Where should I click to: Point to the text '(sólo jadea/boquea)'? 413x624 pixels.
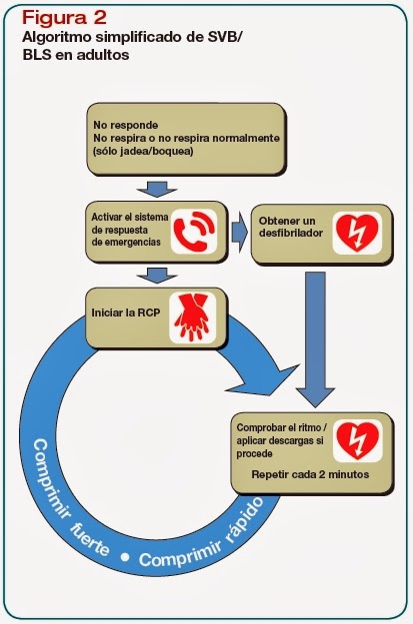144,152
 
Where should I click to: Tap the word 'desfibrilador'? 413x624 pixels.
289,234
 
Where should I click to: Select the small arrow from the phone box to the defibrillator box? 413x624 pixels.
239,233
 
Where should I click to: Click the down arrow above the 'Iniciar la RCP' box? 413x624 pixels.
156,275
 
